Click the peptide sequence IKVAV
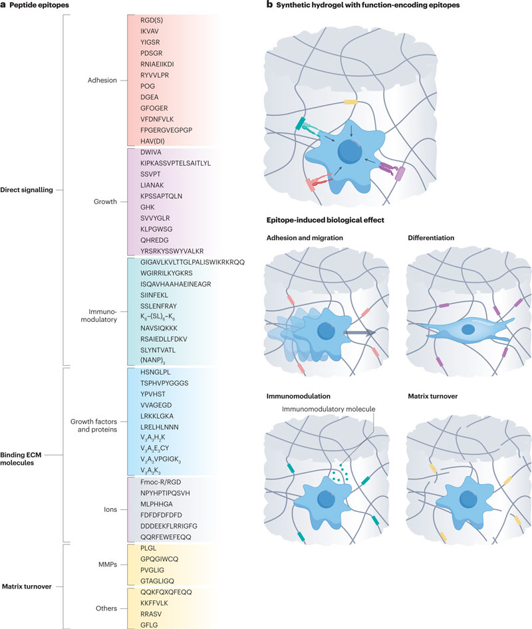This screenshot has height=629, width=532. coord(149,31)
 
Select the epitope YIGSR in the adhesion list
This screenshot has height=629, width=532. coord(150,42)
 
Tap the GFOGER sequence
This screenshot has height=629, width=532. coord(154,108)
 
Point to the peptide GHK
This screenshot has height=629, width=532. coord(147,207)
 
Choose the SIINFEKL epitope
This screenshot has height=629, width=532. coord(154,295)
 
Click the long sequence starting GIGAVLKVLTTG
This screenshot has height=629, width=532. coord(192,262)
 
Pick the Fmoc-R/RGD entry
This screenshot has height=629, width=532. coord(160,482)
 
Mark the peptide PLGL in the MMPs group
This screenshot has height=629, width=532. coord(148,548)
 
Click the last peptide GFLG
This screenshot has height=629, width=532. coord(149,625)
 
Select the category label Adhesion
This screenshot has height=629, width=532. coord(102,80)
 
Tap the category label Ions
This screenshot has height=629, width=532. coord(110,509)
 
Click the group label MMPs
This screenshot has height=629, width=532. coord(108,565)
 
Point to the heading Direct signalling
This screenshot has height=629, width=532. coord(27,189)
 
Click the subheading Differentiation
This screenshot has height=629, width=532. coord(431,238)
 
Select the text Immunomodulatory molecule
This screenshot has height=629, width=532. coord(329,409)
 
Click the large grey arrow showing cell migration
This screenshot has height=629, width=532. coord(360,332)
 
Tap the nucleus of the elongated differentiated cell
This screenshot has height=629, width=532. coord(467,330)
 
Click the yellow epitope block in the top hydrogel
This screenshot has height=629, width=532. coord(350,102)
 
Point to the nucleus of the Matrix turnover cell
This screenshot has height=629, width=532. coord(467,499)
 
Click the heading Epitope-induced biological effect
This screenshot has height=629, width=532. coord(325,220)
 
